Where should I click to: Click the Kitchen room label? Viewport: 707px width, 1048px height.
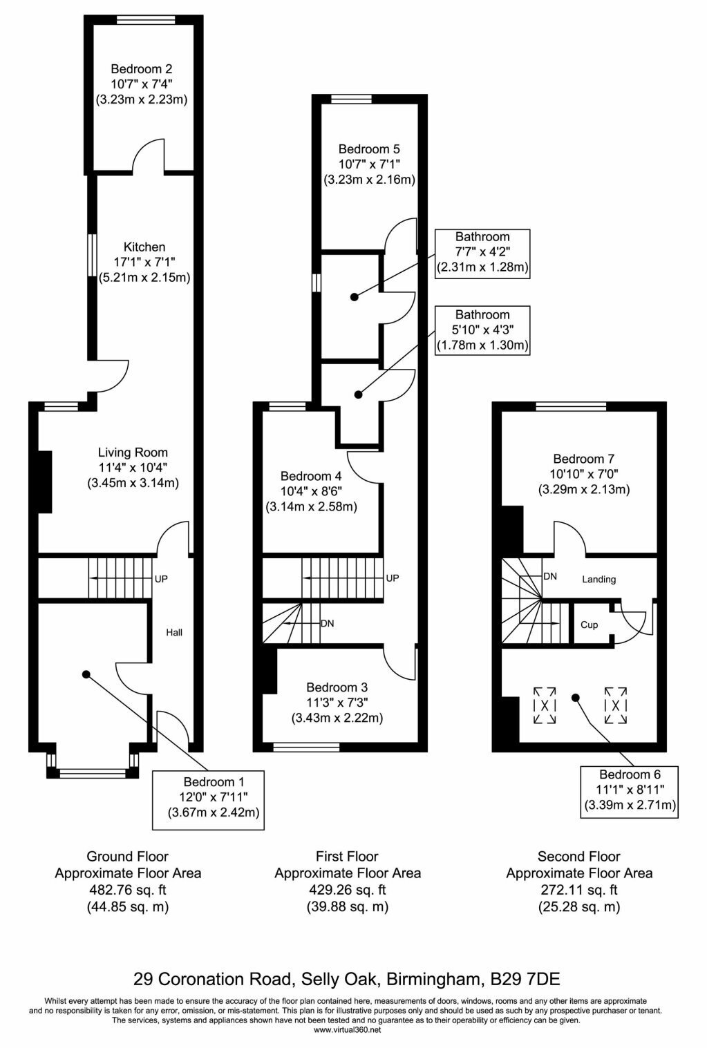tap(144, 247)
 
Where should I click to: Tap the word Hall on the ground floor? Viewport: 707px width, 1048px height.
tap(174, 633)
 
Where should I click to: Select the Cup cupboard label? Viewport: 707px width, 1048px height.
tap(589, 625)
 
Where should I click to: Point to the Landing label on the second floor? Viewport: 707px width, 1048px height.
tap(599, 579)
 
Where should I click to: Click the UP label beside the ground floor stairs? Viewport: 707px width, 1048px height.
tap(161, 579)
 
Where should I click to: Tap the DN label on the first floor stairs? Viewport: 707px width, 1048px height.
tap(327, 624)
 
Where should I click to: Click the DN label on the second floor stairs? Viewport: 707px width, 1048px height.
tap(550, 576)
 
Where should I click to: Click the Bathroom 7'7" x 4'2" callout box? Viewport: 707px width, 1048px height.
tap(482, 254)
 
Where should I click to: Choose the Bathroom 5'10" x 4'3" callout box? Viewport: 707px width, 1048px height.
tap(482, 331)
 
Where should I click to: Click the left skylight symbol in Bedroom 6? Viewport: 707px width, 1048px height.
tap(545, 705)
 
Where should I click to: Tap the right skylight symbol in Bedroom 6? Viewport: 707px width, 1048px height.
tap(615, 705)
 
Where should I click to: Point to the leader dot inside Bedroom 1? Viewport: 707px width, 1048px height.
tap(86, 674)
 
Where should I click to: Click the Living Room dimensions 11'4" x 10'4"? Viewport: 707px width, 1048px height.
tap(133, 468)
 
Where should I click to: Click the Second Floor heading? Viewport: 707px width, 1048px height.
tap(578, 856)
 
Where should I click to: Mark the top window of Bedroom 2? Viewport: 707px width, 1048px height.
tap(146, 19)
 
